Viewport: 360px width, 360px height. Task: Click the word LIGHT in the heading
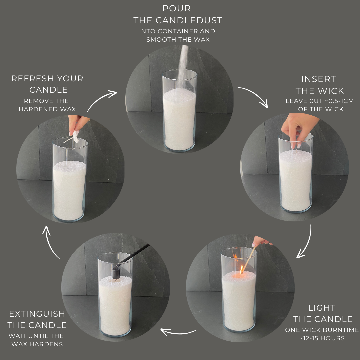[x=322, y=308]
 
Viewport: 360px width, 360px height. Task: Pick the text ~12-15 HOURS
[x=322, y=338]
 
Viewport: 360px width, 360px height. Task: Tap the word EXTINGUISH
[x=37, y=314]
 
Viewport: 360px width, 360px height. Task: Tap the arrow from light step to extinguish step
[x=178, y=332]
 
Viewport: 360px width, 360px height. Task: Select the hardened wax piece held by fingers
[x=75, y=137]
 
